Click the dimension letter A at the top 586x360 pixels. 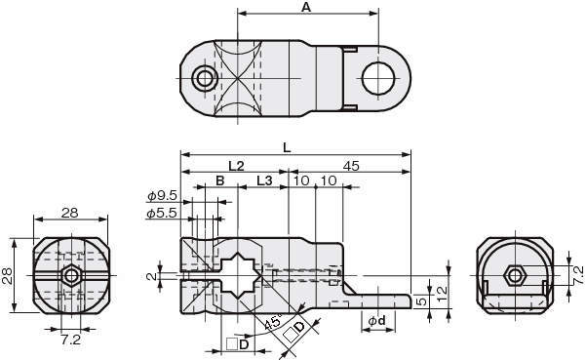[306, 7]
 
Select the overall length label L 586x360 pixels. [287, 148]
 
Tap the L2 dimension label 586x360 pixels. [236, 166]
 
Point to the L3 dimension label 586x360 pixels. [264, 180]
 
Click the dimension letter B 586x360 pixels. [220, 180]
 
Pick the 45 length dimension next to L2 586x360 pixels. [351, 166]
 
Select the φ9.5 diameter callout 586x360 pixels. [162, 195]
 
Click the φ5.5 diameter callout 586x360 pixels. [162, 213]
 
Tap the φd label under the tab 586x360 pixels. [376, 320]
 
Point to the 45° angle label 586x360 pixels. [273, 321]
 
